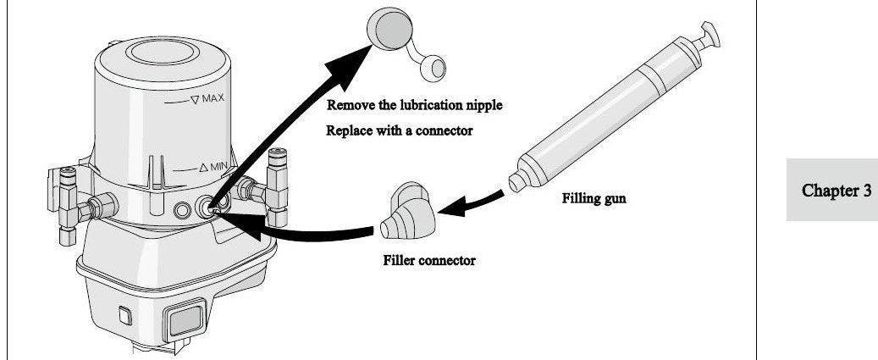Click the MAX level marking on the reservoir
[207, 99]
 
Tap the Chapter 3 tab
[832, 190]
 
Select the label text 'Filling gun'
[594, 198]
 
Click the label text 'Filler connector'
[429, 260]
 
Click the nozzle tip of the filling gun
[516, 182]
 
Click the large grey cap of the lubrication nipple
[390, 29]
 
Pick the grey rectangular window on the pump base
[185, 318]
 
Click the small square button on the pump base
[125, 316]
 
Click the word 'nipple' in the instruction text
[484, 105]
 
